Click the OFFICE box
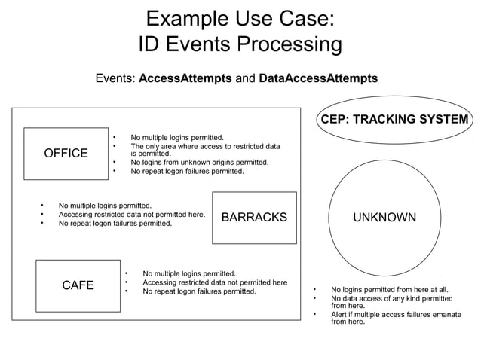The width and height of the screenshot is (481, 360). [x=66, y=154]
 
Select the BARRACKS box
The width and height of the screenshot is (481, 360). [x=254, y=218]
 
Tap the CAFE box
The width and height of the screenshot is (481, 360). [x=78, y=285]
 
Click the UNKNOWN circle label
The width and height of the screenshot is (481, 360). [x=384, y=218]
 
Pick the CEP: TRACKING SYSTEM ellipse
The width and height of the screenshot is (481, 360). [x=394, y=121]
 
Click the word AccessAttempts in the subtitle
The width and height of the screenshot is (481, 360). [x=185, y=78]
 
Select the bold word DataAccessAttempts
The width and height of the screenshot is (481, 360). [x=318, y=78]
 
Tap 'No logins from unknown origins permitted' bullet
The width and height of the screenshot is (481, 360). [x=199, y=162]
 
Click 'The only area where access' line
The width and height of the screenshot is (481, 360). [x=205, y=146]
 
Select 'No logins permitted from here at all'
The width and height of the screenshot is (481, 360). [x=390, y=289]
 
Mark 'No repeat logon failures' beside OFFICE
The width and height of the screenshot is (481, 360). [x=187, y=171]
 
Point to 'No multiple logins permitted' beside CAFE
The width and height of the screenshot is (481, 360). [x=189, y=273]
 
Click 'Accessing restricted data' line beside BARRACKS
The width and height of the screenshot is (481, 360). [x=131, y=215]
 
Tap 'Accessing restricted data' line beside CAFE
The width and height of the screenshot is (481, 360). [x=214, y=282]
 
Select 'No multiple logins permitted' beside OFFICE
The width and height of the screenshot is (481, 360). [x=177, y=138]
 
